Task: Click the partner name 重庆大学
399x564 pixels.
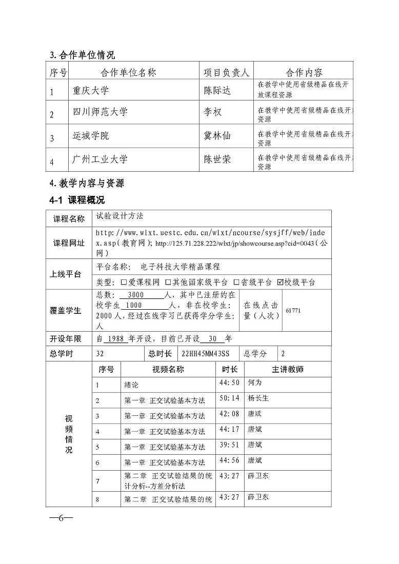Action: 91,91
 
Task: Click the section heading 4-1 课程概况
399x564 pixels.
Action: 77,200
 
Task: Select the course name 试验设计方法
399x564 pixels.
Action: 116,216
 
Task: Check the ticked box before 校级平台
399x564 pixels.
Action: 280,282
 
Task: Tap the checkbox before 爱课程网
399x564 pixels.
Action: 124,282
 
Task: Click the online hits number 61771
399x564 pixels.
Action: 293,311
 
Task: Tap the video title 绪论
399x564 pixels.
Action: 131,385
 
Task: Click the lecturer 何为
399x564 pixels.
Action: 254,382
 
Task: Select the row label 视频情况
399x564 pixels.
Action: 69,434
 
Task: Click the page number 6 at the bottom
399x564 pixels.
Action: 61,517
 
